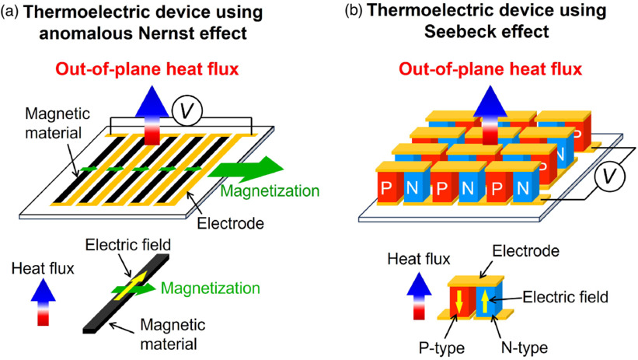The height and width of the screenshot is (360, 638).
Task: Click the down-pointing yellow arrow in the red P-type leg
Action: point(459,301)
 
